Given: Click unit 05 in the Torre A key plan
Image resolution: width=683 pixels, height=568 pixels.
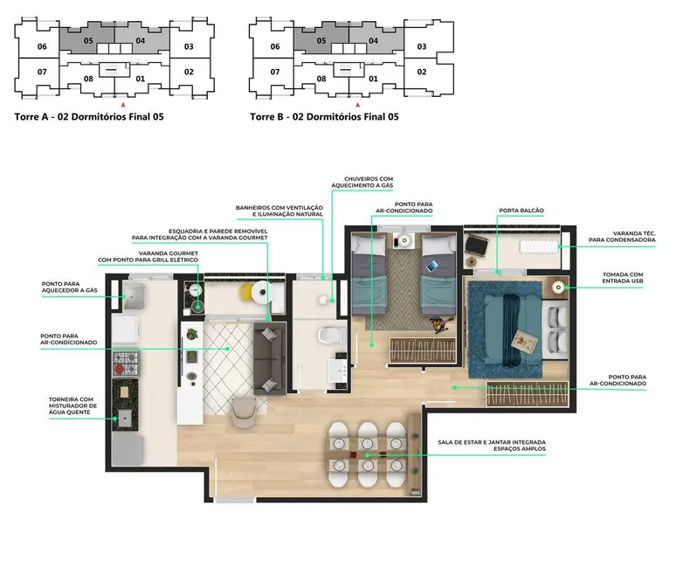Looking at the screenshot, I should [x=88, y=40].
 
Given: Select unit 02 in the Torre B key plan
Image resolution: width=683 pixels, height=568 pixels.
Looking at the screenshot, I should [x=421, y=72].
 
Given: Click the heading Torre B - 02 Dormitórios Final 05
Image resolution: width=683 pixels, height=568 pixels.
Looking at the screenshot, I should [x=324, y=116].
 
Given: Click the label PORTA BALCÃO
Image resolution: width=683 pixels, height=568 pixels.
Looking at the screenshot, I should [x=521, y=210].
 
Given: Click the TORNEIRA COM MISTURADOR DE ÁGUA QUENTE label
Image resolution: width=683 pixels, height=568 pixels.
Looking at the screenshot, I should [x=73, y=406].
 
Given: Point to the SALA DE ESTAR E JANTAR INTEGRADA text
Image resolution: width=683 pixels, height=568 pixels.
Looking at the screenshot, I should [x=492, y=443].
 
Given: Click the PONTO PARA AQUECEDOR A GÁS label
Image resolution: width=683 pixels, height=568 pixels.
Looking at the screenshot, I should [x=72, y=287].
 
